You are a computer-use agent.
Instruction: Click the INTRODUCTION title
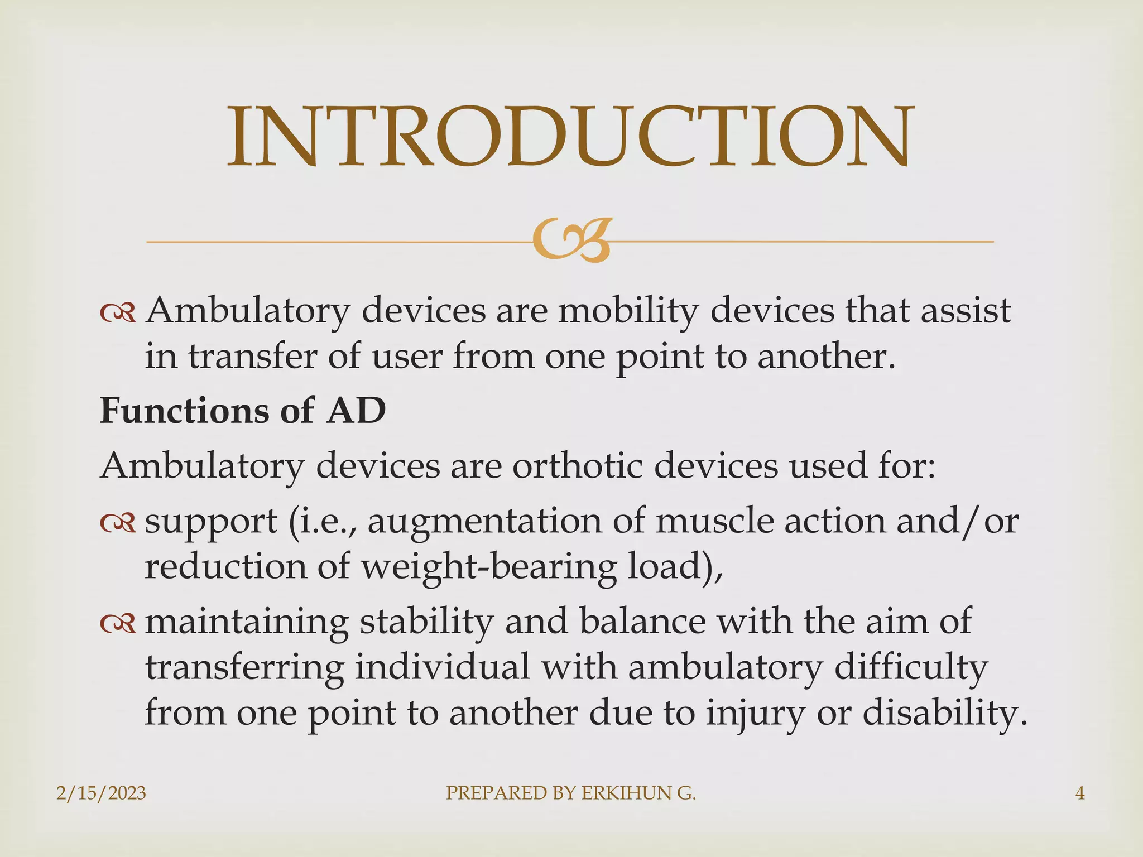pos(570,137)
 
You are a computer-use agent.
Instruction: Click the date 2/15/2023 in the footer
pos(101,793)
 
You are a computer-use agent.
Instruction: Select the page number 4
pos(1080,793)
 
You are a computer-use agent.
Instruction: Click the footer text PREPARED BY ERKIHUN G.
pos(571,793)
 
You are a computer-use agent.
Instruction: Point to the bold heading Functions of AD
pos(243,411)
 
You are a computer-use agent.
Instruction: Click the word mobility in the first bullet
pos(628,311)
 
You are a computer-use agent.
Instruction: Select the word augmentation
pos(484,522)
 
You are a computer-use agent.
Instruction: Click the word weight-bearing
pos(488,567)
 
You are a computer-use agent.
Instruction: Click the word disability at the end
pos(944,712)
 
